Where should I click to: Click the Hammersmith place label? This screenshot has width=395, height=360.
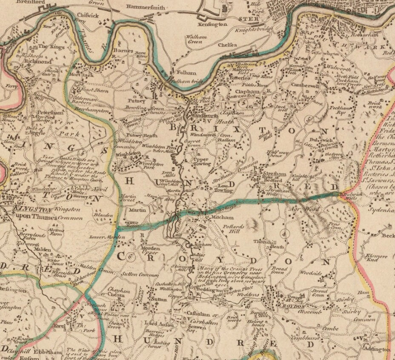click(146, 8)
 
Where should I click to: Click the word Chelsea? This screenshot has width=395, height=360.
click(227, 44)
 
